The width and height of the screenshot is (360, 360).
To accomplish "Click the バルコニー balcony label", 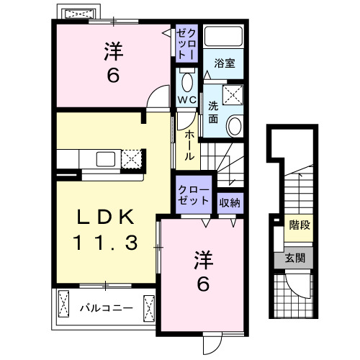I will point(105,308).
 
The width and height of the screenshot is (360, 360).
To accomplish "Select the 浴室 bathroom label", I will point(222,63).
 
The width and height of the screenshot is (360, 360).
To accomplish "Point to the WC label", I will point(186,99).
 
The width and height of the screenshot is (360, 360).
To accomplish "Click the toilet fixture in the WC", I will point(186,78).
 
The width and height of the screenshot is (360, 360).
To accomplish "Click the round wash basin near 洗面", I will point(235,127).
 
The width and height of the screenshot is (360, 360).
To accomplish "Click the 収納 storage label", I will point(230,202).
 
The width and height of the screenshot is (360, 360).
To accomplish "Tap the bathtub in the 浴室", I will point(224,37).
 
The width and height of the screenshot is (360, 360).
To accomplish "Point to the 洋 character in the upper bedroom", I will point(112,50).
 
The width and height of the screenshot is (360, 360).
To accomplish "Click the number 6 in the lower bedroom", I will point(203,284).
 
